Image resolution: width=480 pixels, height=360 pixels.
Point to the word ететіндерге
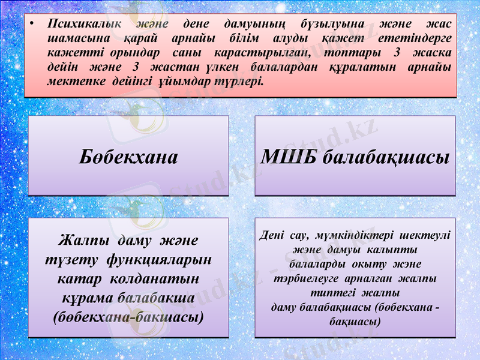(x=416, y=38)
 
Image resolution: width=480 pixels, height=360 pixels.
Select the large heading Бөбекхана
(x=128, y=157)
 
